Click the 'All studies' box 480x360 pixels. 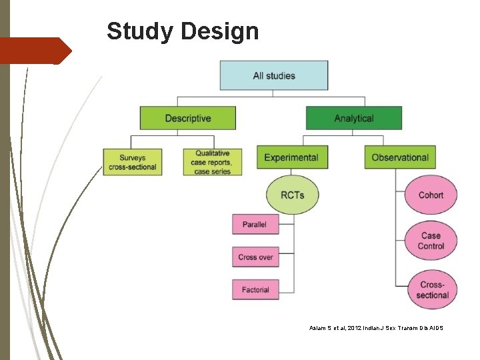pos(273,75)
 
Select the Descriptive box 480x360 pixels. pos(187,118)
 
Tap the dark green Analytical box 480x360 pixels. pos(353,118)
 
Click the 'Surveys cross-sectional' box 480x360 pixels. pos(132,162)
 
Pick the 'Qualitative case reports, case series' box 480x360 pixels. pos(213,162)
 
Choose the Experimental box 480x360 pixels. pos(291,157)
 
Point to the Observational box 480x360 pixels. pos(399,157)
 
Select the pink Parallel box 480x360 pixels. pos(255,225)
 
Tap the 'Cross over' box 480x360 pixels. pos(255,257)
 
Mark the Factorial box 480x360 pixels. pos(255,289)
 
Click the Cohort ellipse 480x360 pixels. pos(431,195)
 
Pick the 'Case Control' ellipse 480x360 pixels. pos(431,241)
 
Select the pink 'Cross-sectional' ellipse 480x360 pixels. pos(432,290)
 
